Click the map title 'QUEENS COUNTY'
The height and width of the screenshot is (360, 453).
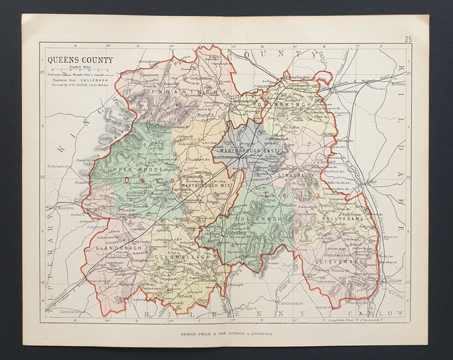[79, 59]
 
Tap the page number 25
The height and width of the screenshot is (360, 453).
[407, 39]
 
